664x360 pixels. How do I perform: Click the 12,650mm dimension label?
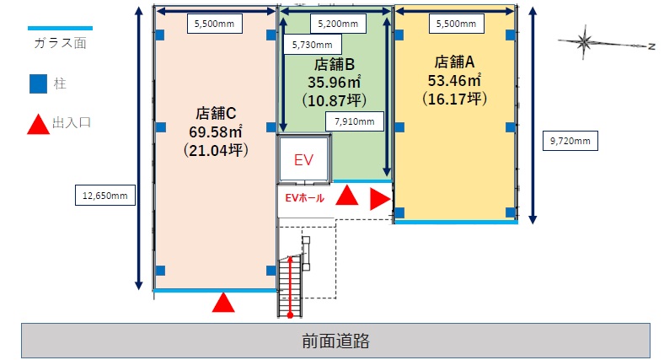click(104, 196)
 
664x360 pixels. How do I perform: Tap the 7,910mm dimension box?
click(354, 122)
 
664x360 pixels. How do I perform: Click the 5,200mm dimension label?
click(335, 24)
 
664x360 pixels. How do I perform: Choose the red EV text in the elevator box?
click(303, 159)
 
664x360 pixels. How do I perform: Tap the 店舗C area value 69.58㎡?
click(215, 131)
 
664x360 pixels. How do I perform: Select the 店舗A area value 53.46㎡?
click(454, 81)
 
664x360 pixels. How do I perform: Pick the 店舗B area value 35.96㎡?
click(335, 83)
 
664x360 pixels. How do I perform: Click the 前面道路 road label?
click(335, 341)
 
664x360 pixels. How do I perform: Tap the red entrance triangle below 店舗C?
click(222, 303)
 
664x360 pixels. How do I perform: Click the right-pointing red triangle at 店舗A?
click(380, 200)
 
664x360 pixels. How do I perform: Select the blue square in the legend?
click(39, 84)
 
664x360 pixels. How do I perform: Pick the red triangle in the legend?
click(39, 124)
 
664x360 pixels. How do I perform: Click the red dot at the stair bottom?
click(289, 315)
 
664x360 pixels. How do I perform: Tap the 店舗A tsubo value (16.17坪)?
click(455, 99)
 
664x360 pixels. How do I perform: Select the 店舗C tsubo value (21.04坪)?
click(215, 150)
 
